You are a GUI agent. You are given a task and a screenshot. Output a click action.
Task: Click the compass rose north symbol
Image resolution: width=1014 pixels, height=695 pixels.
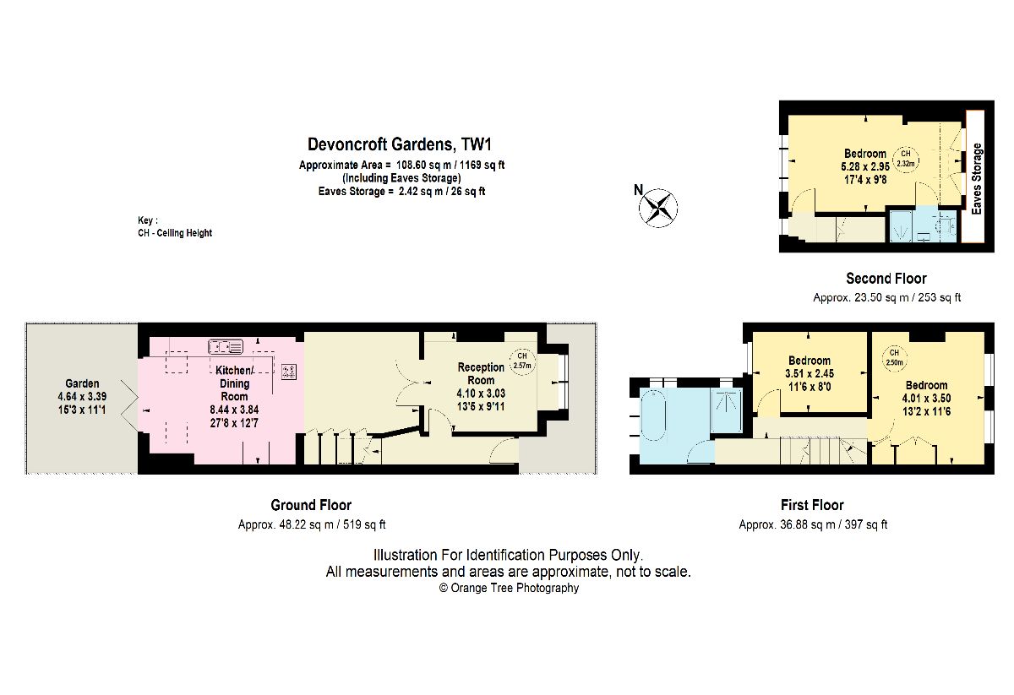tap(657, 208)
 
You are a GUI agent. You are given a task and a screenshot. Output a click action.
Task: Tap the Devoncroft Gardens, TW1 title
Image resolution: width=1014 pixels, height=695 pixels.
tap(399, 144)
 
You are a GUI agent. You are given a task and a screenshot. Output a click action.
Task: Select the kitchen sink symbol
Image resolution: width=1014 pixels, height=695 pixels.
tap(226, 346)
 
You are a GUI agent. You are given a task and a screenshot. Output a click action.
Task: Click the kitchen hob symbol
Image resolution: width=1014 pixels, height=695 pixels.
tap(289, 372)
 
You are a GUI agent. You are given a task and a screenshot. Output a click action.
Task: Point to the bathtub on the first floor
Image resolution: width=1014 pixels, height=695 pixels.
tap(653, 414)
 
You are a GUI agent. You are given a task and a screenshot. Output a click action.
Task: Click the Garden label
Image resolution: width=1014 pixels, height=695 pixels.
tap(82, 383)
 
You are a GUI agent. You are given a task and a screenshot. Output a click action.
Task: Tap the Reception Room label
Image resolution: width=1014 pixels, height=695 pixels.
tap(481, 373)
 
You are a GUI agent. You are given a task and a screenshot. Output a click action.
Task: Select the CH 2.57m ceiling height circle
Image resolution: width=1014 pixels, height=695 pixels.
tap(522, 361)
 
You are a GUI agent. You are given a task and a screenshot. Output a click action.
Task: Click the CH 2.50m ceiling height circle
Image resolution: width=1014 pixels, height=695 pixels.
tap(894, 357)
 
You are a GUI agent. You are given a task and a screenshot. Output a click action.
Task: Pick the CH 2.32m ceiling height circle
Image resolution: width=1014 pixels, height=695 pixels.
tap(906, 159)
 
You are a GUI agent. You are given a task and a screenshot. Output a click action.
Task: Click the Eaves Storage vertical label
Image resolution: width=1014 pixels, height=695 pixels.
tap(977, 179)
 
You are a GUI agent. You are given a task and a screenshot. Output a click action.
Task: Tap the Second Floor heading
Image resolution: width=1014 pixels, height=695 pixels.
tap(886, 279)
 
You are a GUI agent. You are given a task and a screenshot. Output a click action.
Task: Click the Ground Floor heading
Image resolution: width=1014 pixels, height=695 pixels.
tap(311, 504)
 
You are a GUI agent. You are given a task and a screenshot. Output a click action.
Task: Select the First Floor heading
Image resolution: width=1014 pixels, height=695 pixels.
tap(812, 504)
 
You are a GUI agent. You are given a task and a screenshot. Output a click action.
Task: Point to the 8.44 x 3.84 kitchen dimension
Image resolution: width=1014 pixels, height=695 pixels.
tap(234, 410)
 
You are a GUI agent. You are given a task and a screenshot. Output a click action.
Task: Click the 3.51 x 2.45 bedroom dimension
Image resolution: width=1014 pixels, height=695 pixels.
tap(810, 374)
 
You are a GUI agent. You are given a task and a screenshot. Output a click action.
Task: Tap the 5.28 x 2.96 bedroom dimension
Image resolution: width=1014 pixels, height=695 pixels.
tap(865, 166)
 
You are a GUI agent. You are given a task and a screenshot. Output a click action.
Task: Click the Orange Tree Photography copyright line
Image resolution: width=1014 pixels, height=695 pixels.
tap(509, 588)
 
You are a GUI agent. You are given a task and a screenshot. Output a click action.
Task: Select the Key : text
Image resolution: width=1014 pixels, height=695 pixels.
tap(148, 220)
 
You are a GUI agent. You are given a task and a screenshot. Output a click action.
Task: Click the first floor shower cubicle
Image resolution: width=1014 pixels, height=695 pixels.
tap(726, 410)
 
